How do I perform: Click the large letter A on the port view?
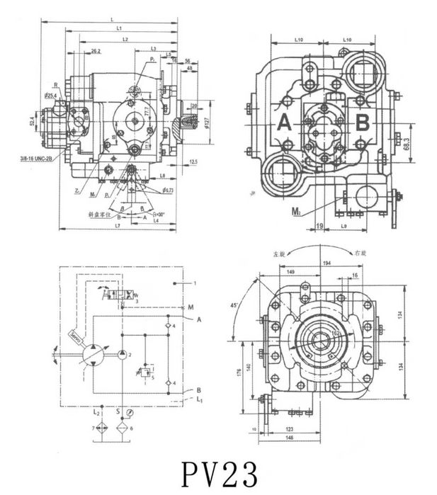[285, 124]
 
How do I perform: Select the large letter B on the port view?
[363, 124]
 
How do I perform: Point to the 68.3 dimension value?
[406, 142]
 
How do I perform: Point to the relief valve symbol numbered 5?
[148, 370]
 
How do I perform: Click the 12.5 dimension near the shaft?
[193, 162]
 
